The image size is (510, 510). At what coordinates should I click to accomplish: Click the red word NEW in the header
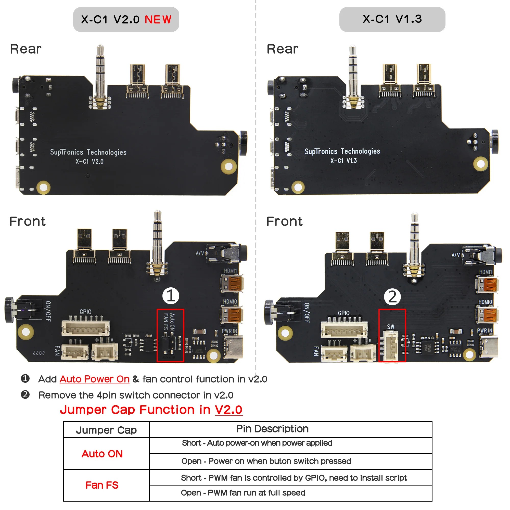[158, 20]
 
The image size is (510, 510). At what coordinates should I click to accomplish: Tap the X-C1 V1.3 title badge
[392, 19]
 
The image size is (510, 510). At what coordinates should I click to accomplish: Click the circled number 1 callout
[171, 296]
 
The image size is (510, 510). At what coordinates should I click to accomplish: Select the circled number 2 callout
[392, 297]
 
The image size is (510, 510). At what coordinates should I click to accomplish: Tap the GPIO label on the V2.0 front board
[85, 312]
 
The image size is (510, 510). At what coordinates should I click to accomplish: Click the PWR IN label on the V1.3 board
[484, 330]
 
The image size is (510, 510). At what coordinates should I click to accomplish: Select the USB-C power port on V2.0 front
[234, 346]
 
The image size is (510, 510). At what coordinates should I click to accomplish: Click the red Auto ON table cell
[102, 454]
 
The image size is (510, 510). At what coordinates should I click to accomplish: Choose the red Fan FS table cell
[102, 485]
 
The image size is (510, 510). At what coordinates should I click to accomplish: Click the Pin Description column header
[272, 429]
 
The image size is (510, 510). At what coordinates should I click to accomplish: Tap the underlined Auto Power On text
[95, 379]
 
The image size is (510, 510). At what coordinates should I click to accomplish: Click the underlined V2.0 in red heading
[228, 410]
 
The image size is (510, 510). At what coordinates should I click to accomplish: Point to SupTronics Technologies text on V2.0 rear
[88, 152]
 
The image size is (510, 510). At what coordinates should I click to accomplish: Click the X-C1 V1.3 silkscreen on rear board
[343, 161]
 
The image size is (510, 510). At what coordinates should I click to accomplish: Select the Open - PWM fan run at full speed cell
[243, 493]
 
